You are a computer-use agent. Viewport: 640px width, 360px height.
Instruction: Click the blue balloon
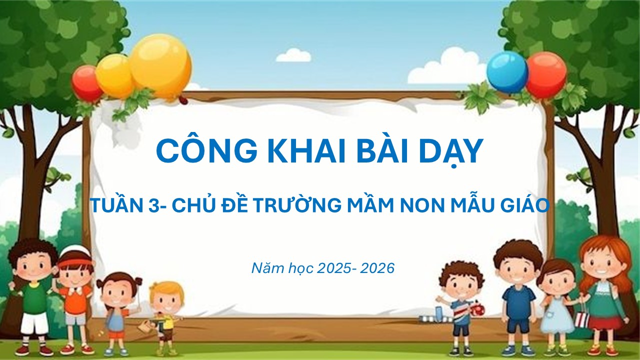point(507,72)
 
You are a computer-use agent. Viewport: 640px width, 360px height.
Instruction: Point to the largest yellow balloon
point(160,65)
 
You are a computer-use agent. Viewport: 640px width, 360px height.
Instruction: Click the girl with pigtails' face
point(119,294)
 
